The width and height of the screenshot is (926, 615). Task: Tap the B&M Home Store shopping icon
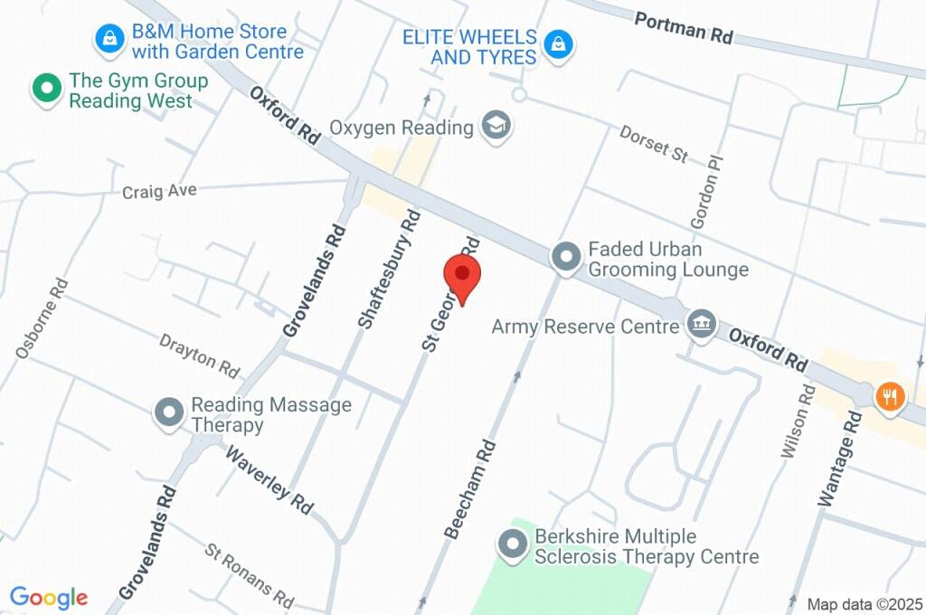tap(109, 39)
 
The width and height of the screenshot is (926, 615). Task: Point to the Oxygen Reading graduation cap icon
tap(496, 127)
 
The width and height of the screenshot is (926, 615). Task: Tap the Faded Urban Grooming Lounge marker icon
tap(567, 258)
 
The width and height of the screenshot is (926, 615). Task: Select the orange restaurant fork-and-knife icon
tap(890, 395)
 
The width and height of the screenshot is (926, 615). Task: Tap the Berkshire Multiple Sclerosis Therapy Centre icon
tap(513, 545)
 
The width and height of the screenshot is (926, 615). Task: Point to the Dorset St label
tap(654, 143)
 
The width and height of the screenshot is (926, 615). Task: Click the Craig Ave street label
tap(159, 191)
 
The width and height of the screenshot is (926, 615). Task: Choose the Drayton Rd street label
tap(200, 356)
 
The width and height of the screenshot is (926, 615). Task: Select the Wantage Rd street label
tap(840, 458)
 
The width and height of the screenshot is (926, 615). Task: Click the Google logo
tap(49, 597)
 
